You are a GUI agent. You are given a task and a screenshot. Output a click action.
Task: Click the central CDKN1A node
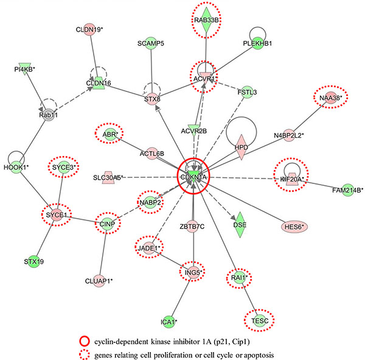(x=193, y=177)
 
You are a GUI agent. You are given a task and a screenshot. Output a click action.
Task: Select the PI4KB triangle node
(x=24, y=68)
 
